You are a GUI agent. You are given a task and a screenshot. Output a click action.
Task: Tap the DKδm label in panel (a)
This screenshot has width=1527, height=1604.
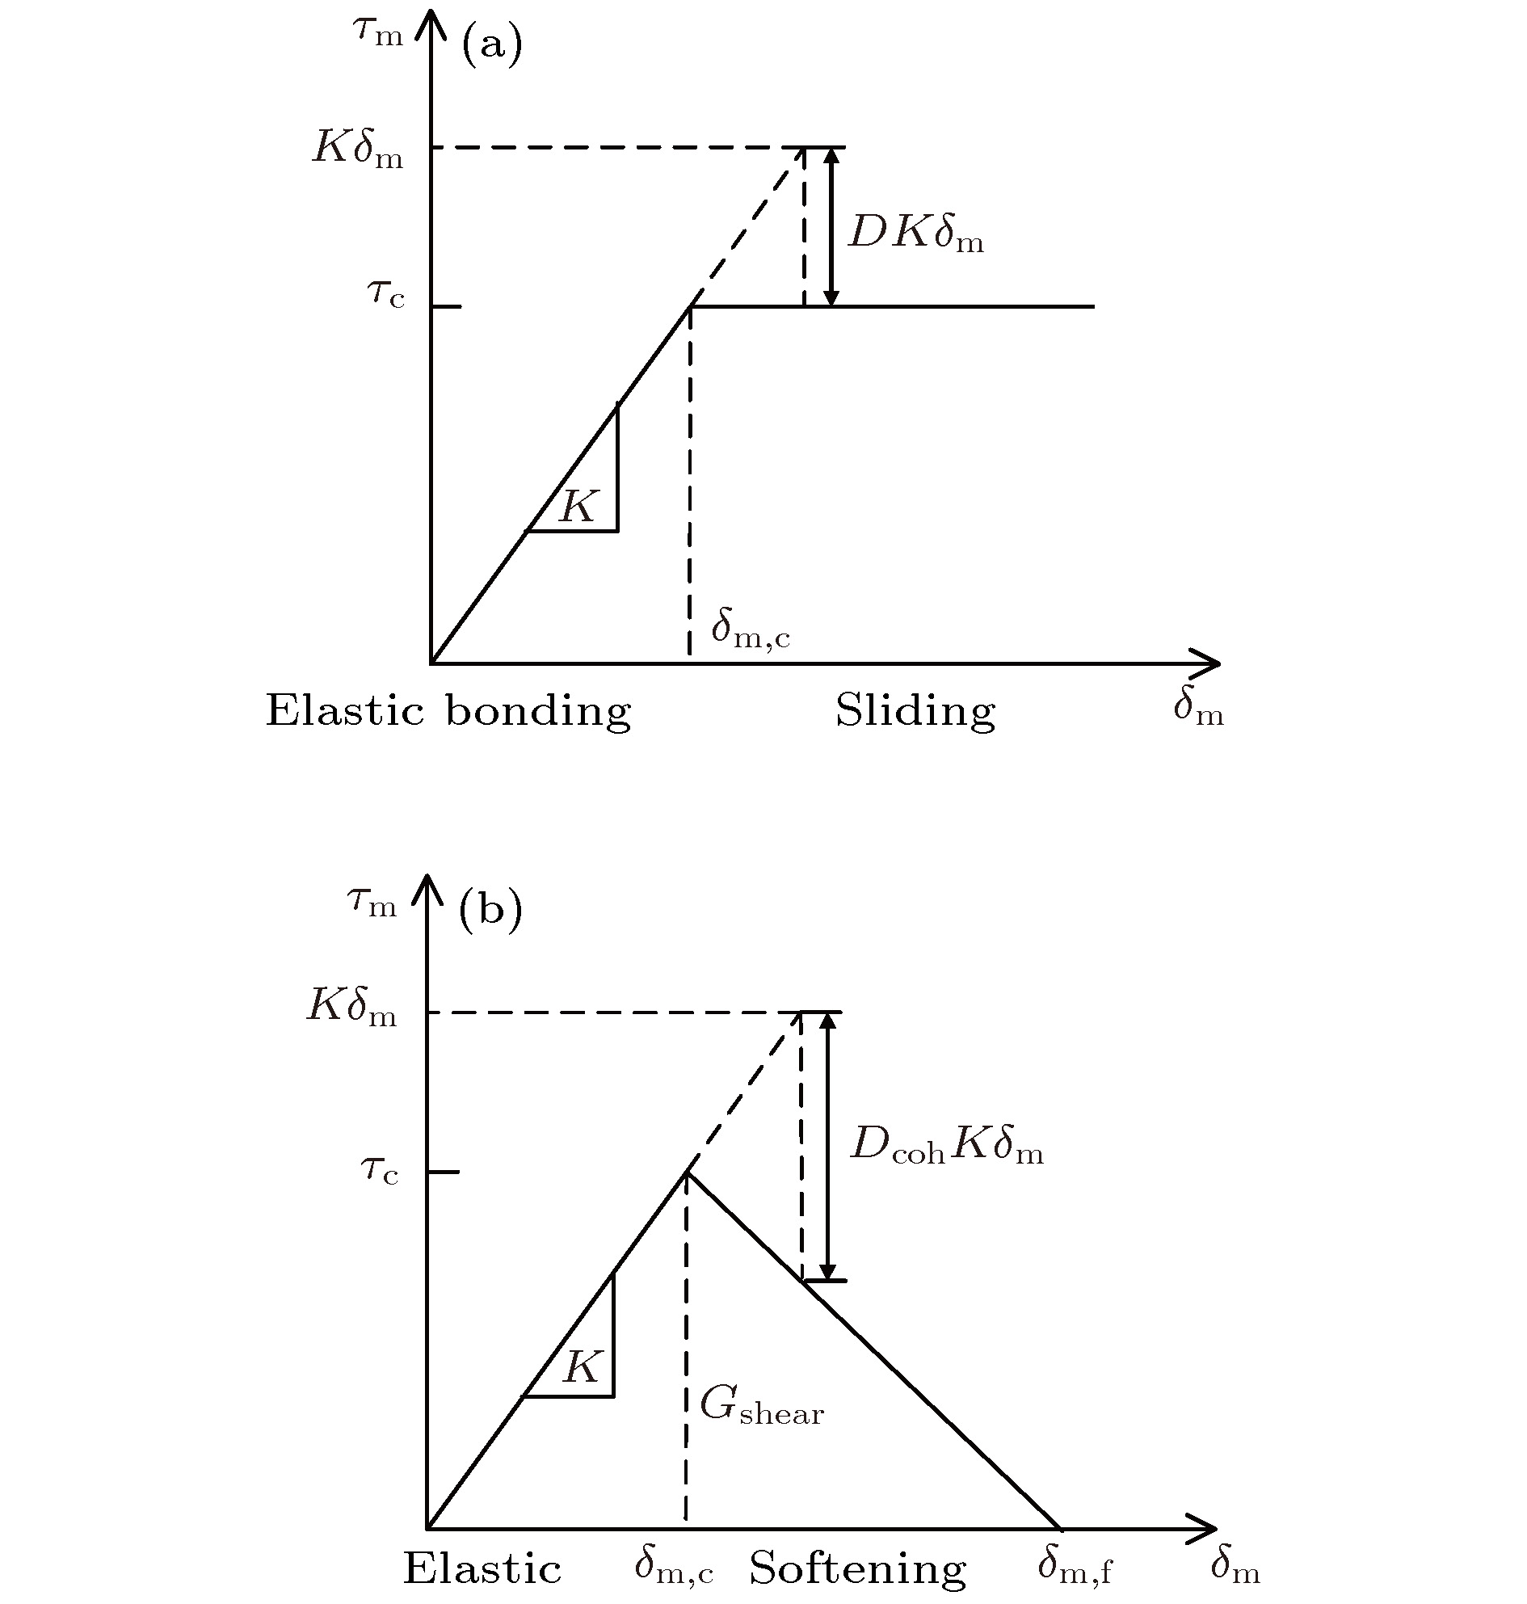point(916,234)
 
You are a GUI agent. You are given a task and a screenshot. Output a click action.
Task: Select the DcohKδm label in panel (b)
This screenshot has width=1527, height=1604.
point(947,1146)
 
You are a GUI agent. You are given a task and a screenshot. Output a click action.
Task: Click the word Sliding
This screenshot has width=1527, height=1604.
point(915,711)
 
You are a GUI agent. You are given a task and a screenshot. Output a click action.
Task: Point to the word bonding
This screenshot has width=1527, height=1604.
point(538,711)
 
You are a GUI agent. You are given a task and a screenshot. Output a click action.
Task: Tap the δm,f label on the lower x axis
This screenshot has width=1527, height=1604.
point(1075,1566)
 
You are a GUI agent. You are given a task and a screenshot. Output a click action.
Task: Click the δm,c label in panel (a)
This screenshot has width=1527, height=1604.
point(751,628)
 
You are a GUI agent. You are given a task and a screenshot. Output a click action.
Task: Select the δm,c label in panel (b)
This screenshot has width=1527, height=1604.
point(674,1565)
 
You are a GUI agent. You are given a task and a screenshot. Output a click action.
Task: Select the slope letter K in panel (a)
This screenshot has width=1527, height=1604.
point(579,507)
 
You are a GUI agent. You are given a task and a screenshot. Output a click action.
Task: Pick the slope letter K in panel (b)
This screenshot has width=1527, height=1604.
point(583,1366)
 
